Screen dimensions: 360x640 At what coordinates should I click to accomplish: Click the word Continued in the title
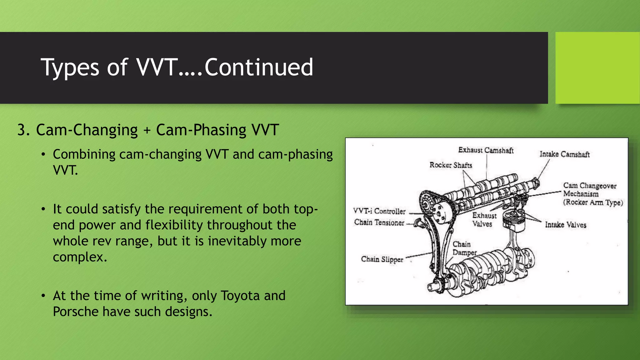point(258,67)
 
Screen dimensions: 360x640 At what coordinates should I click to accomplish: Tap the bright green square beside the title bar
point(597,68)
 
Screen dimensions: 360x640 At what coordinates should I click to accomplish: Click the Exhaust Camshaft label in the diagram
point(486,150)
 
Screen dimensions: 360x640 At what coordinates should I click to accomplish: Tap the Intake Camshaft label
point(564,154)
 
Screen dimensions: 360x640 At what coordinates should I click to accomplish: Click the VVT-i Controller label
point(379,211)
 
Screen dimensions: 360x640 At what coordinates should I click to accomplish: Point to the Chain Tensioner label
point(379,222)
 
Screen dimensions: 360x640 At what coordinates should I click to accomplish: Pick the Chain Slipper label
point(382,259)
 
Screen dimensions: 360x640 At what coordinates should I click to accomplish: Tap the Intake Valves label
point(565,225)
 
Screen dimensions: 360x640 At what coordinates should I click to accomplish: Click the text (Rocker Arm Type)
point(593,202)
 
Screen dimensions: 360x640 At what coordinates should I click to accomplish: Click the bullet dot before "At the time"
point(43,296)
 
